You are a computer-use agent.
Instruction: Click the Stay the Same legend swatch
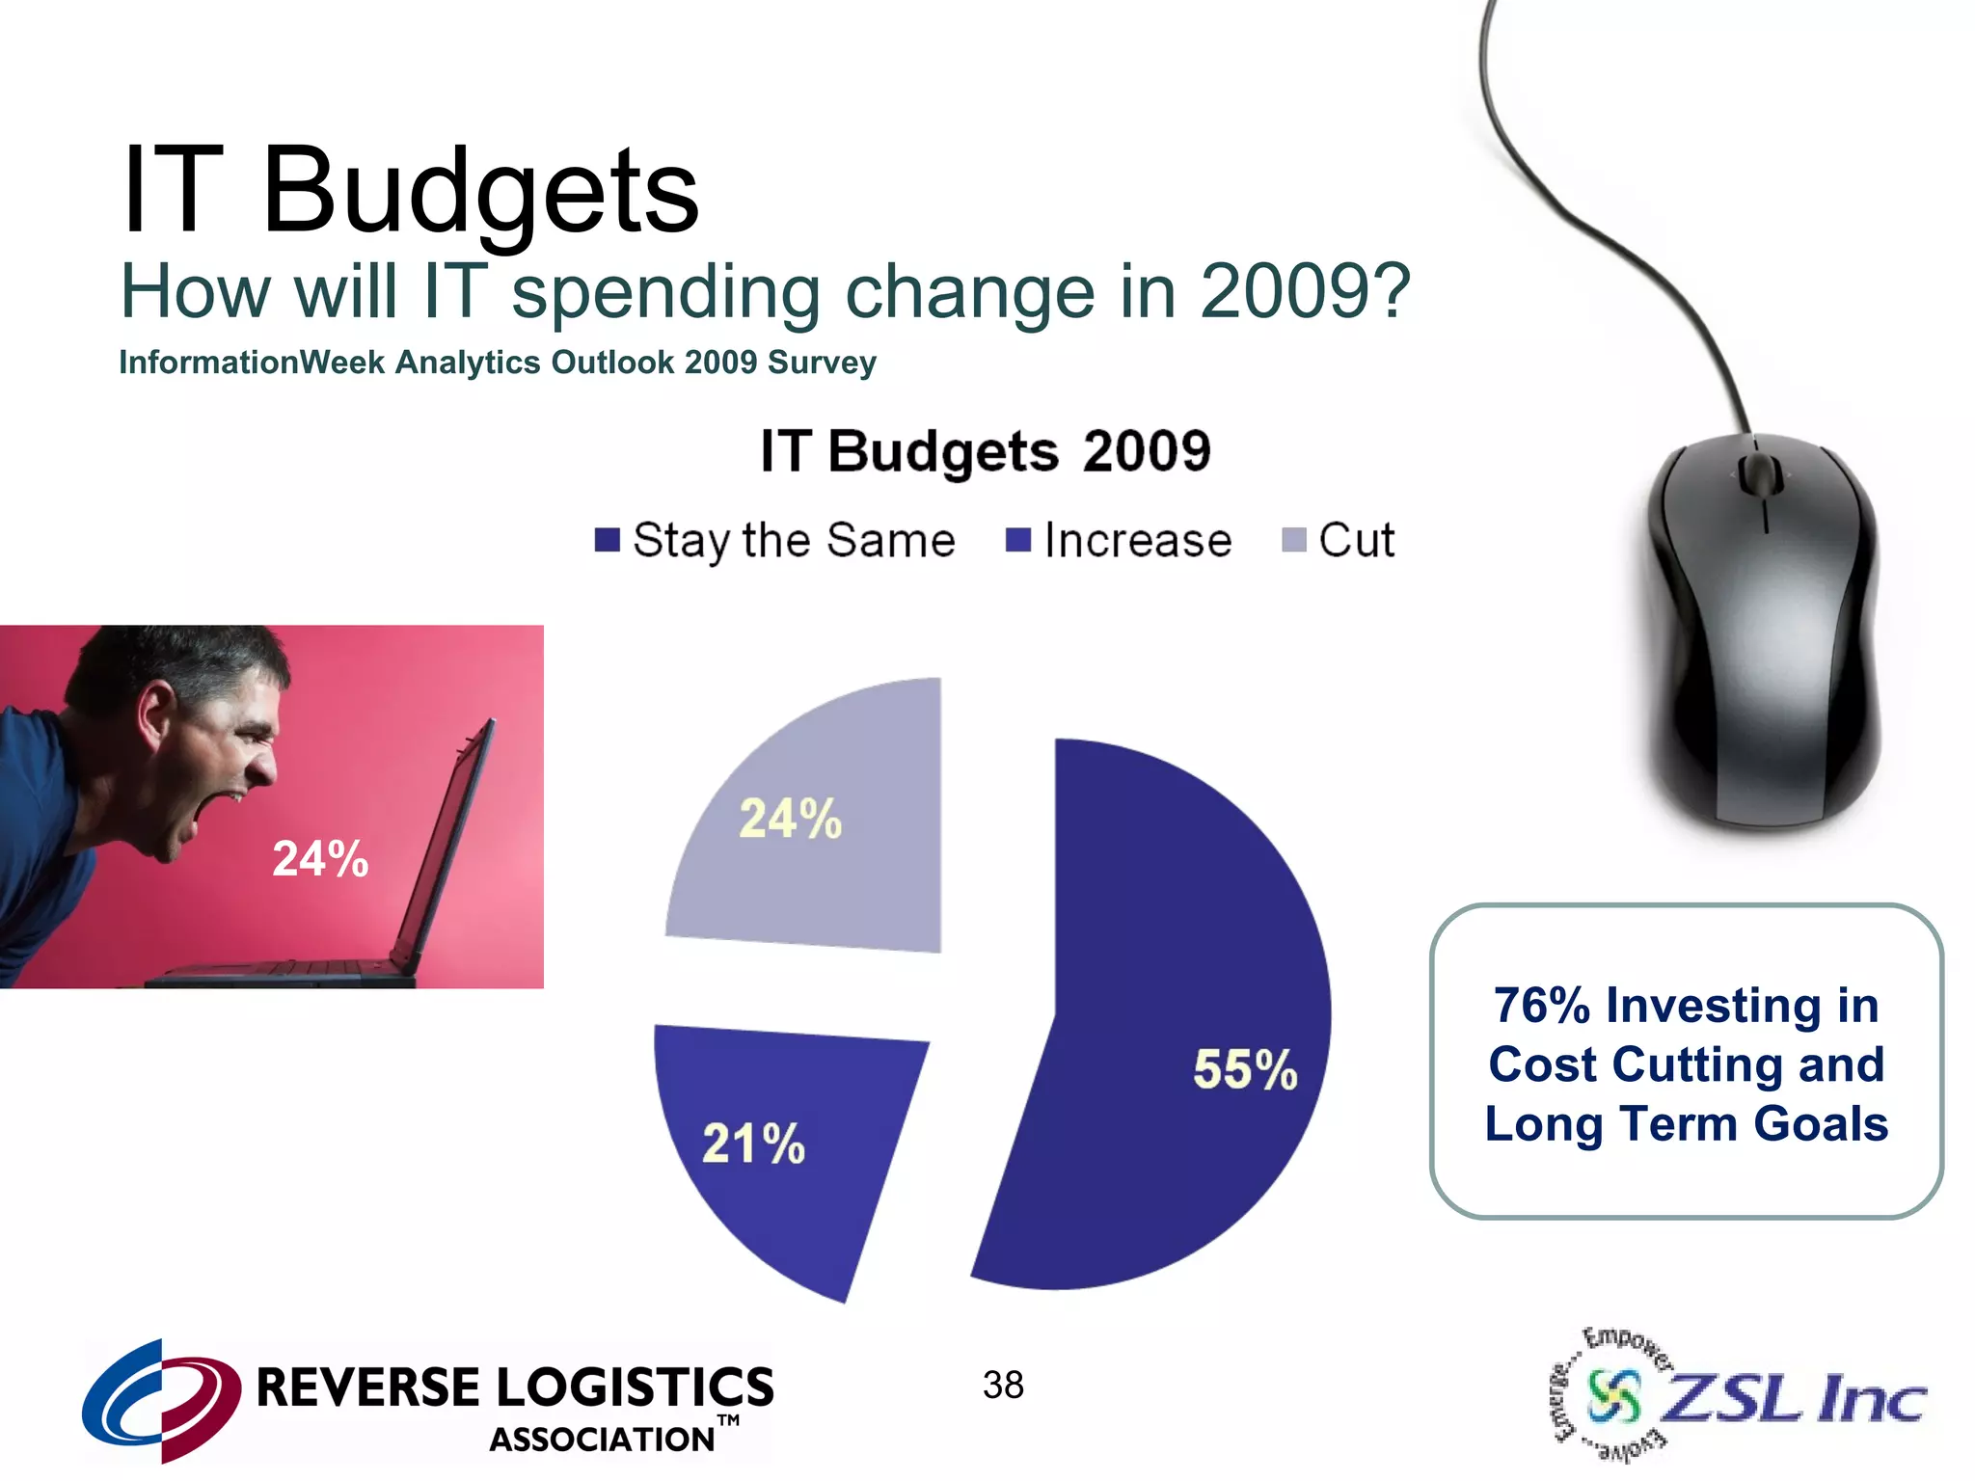click(x=607, y=540)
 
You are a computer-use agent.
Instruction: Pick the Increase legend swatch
click(x=1018, y=540)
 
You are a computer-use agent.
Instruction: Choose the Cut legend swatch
click(x=1293, y=540)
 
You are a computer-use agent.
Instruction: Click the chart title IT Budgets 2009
click(x=985, y=451)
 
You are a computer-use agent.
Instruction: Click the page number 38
click(x=1003, y=1386)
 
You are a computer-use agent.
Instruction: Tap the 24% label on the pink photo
click(x=320, y=858)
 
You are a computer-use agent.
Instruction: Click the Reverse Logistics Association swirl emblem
click(x=160, y=1398)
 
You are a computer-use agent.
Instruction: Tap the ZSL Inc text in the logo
click(x=1794, y=1398)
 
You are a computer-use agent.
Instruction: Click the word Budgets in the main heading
click(x=479, y=191)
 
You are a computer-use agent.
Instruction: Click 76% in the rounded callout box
click(x=1541, y=1005)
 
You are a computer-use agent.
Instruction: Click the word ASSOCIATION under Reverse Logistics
click(x=602, y=1440)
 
